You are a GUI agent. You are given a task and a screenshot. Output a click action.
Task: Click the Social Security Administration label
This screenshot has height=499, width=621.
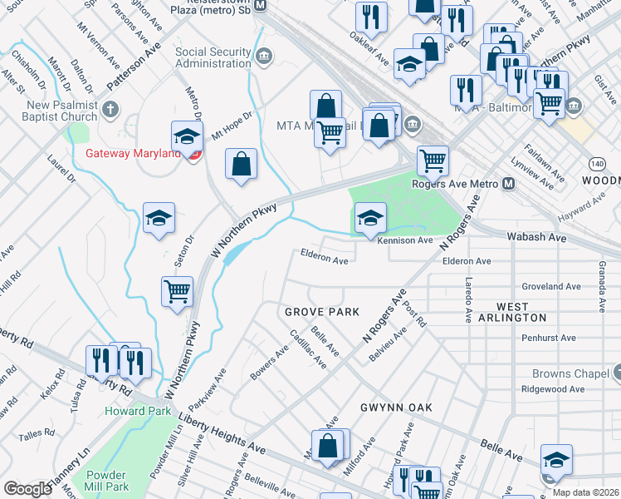213,57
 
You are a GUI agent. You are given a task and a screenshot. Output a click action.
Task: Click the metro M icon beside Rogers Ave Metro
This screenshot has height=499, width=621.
509,183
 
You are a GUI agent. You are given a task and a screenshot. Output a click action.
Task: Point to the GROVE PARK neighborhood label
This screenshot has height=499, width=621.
322,312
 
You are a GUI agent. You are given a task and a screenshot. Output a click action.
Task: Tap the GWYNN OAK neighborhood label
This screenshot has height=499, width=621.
392,408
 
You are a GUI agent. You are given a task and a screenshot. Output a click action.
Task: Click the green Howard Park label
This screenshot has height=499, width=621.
137,411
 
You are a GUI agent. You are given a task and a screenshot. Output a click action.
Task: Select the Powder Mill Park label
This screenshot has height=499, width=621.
106,480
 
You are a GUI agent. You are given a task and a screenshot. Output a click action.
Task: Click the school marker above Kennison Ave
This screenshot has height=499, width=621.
370,219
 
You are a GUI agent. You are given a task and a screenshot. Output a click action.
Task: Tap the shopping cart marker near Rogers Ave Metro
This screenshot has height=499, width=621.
432,161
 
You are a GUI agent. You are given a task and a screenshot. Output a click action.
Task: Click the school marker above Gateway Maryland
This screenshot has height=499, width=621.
188,136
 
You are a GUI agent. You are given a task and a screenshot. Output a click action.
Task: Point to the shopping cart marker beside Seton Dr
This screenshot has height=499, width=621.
178,292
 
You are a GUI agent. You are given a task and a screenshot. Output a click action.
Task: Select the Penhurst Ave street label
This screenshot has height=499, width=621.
548,338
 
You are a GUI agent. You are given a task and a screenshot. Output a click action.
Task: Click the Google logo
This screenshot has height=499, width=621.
27,489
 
